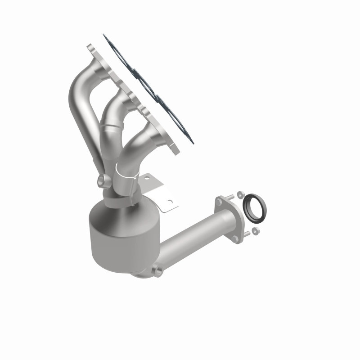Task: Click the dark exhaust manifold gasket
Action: (x=148, y=88)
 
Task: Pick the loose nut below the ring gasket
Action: (x=256, y=231)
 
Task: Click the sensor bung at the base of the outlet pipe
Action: (x=157, y=270)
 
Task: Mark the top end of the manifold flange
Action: (x=90, y=48)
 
